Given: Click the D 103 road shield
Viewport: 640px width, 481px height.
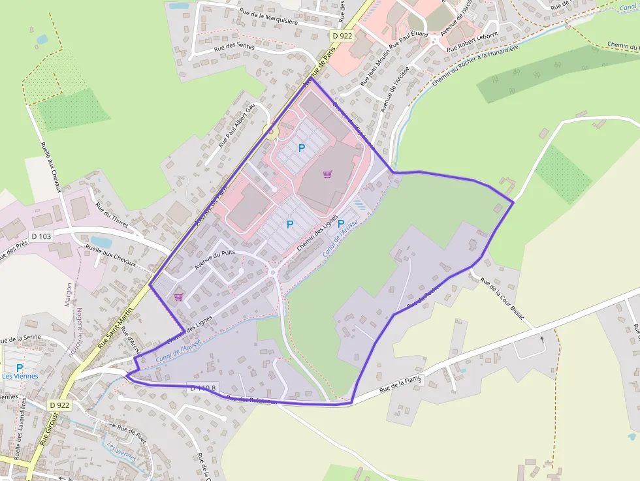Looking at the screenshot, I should point(40,236).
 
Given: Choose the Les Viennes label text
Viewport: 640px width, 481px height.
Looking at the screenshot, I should point(20,377).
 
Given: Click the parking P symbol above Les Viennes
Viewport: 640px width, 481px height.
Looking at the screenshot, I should point(20,367).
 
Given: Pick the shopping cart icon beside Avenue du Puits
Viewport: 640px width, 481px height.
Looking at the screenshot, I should point(178,297).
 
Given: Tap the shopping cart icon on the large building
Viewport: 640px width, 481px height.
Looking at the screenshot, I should point(327,174).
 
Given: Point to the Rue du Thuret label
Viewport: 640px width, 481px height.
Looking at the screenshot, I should point(112,217).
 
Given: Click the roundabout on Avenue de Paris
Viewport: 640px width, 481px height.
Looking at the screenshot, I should point(270,132).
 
